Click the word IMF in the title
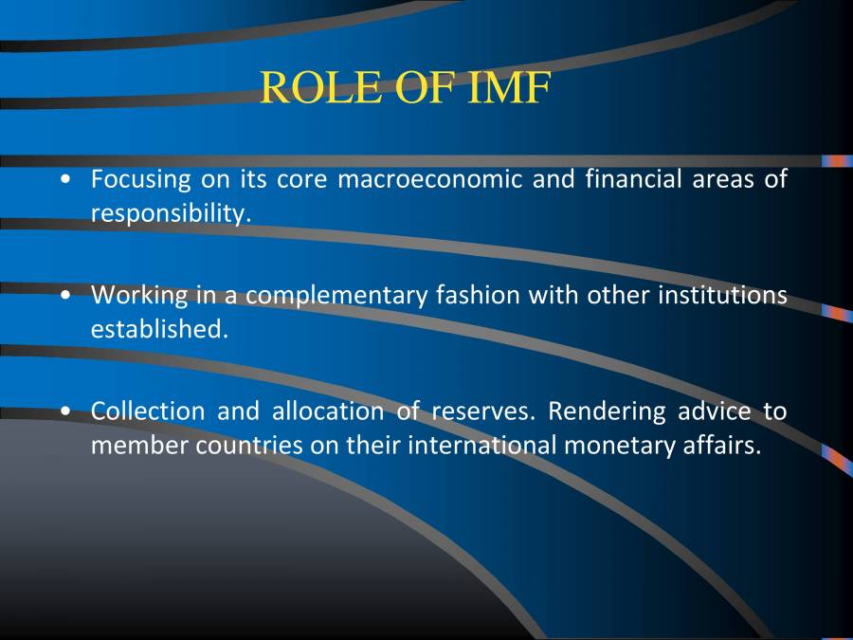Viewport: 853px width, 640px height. point(510,88)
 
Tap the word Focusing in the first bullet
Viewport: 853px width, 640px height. point(140,178)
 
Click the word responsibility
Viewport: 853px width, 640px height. point(171,213)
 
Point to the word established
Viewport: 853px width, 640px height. point(159,330)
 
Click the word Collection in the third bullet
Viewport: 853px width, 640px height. point(147,411)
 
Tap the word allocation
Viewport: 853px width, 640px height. point(327,411)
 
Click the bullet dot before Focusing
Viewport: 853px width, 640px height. point(64,179)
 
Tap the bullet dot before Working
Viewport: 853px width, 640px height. point(64,296)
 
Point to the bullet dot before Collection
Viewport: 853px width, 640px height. point(64,412)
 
